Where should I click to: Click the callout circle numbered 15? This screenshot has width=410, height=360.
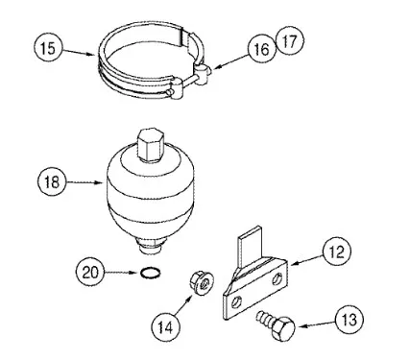point(48,48)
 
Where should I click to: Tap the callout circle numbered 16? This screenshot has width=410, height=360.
point(262,49)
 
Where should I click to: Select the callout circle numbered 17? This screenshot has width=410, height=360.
point(289,41)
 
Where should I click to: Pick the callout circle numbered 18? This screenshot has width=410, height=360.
point(52,182)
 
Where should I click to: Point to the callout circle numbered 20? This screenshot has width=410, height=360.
point(90,273)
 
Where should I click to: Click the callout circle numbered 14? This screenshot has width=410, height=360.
point(165,327)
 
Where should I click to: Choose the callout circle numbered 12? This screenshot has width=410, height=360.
point(337,252)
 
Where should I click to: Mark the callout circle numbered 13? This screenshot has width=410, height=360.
point(350,319)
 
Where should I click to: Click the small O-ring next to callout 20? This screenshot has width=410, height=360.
point(150,273)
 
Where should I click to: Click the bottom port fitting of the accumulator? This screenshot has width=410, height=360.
point(150,247)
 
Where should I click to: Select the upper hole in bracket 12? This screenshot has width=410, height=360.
point(277,279)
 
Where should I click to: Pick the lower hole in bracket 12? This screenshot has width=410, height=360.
point(236,301)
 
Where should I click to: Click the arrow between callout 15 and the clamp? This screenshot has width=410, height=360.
point(79,52)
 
